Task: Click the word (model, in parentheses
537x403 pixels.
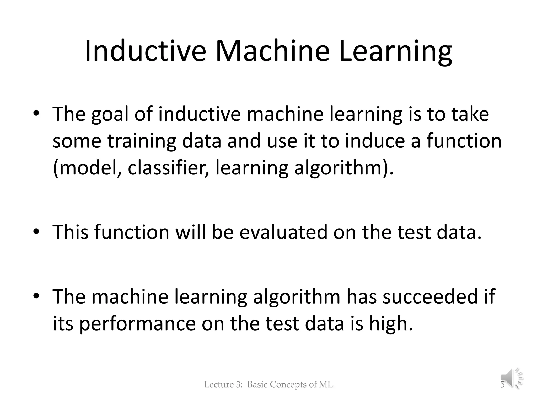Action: (87, 168)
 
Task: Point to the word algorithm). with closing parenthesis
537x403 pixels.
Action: (344, 168)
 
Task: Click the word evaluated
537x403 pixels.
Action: (283, 232)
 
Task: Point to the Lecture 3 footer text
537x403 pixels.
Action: (268, 385)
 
